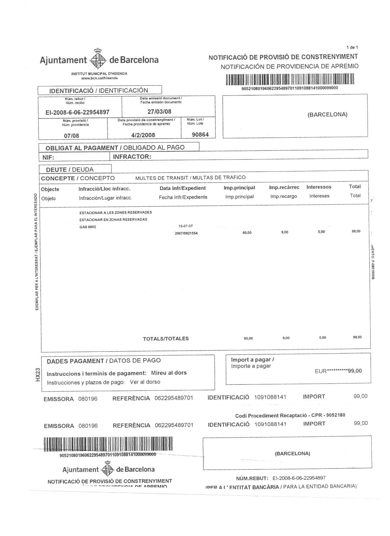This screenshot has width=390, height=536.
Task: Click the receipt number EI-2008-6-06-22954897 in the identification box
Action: (77, 112)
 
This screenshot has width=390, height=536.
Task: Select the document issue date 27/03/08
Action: (159, 111)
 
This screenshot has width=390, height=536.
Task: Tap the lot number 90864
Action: (200, 134)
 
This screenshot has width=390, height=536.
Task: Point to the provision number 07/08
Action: (71, 135)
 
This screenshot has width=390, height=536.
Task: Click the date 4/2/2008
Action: (143, 135)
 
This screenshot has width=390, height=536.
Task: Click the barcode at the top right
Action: (290, 80)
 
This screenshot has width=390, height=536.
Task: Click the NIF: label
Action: (47, 157)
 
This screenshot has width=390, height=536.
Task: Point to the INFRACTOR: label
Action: (132, 157)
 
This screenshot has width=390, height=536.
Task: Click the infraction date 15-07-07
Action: (186, 226)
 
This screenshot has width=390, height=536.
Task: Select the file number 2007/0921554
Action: (186, 233)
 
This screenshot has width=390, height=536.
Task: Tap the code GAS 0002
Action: (87, 227)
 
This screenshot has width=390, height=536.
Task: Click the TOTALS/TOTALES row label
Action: (166, 338)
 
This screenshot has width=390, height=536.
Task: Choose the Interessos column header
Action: (319, 187)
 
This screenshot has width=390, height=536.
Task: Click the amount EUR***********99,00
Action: (338, 371)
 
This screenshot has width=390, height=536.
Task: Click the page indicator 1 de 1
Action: (352, 47)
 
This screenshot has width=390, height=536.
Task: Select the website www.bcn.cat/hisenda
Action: (99, 78)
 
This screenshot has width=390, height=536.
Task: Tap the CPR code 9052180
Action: (335, 415)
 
